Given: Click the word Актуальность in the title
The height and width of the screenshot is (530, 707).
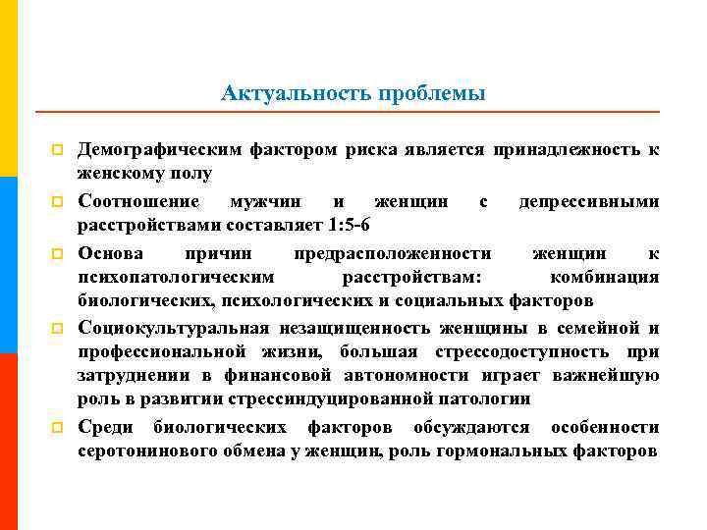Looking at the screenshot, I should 285,94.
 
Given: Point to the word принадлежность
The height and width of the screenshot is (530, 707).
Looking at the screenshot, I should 567,149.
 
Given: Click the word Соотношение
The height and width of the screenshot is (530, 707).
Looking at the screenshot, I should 142,201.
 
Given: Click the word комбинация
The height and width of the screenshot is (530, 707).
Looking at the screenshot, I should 604,276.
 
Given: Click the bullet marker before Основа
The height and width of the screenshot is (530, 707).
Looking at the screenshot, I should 58,253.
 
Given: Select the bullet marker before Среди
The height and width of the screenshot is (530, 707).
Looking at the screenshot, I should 58,428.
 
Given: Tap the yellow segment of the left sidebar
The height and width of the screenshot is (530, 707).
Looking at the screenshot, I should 8,88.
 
